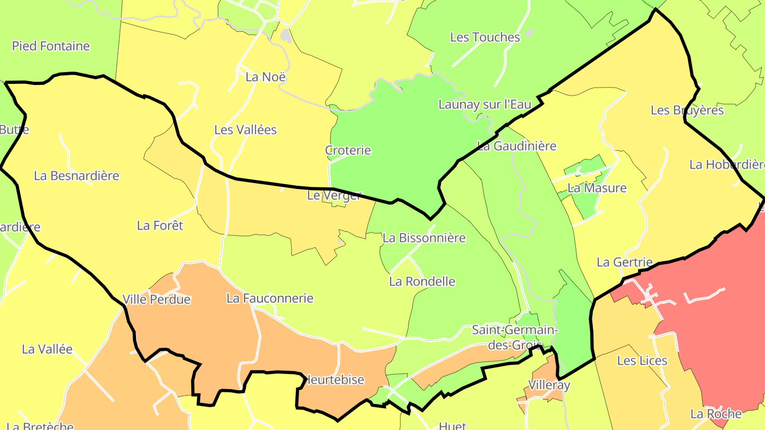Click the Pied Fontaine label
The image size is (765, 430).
pyautogui.click(x=51, y=46)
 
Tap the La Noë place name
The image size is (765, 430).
pyautogui.click(x=266, y=77)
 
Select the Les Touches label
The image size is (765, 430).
pyautogui.click(x=485, y=37)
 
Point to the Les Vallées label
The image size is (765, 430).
pyautogui.click(x=245, y=130)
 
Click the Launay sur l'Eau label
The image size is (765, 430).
pyautogui.click(x=484, y=105)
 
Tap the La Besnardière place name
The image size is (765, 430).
pyautogui.click(x=76, y=176)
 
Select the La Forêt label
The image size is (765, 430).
pyautogui.click(x=160, y=226)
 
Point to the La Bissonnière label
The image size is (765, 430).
pyautogui.click(x=424, y=238)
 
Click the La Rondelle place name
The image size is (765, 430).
pyautogui.click(x=422, y=281)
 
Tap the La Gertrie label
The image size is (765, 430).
pyautogui.click(x=625, y=262)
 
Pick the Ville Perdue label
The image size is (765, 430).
pyautogui.click(x=157, y=299)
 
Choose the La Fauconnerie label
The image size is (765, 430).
pyautogui.click(x=270, y=298)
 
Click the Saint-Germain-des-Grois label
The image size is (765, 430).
pyautogui.click(x=515, y=338)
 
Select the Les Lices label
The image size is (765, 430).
pyautogui.click(x=642, y=361)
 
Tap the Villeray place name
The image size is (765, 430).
pyautogui.click(x=549, y=385)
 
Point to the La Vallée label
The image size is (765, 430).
pyautogui.click(x=47, y=349)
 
